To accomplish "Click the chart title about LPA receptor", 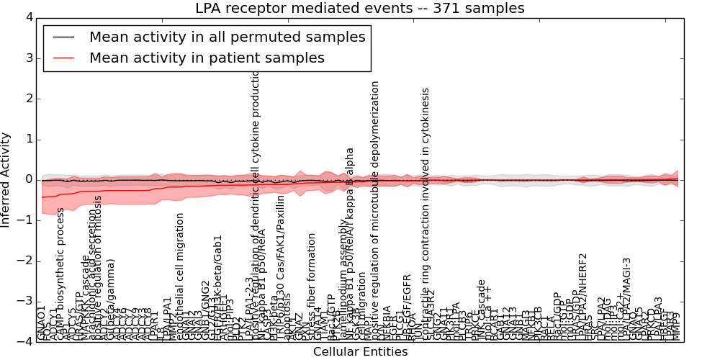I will point(360,9).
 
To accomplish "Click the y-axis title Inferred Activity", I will point(6,179).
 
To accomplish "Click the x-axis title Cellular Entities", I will point(360,352).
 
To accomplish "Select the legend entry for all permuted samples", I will point(227,37).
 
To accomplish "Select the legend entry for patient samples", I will point(207,58).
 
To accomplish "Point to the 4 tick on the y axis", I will point(28,17).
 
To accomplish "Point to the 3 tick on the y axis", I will point(28,58).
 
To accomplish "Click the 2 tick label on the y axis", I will point(28,99).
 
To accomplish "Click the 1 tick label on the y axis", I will point(28,139).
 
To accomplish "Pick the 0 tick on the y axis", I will point(28,179).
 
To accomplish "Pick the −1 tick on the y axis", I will point(25,220).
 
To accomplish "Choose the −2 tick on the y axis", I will point(25,261).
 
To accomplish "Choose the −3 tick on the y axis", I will point(25,302).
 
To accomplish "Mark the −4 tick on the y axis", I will point(25,342).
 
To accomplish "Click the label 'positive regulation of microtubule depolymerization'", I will point(375,209).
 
